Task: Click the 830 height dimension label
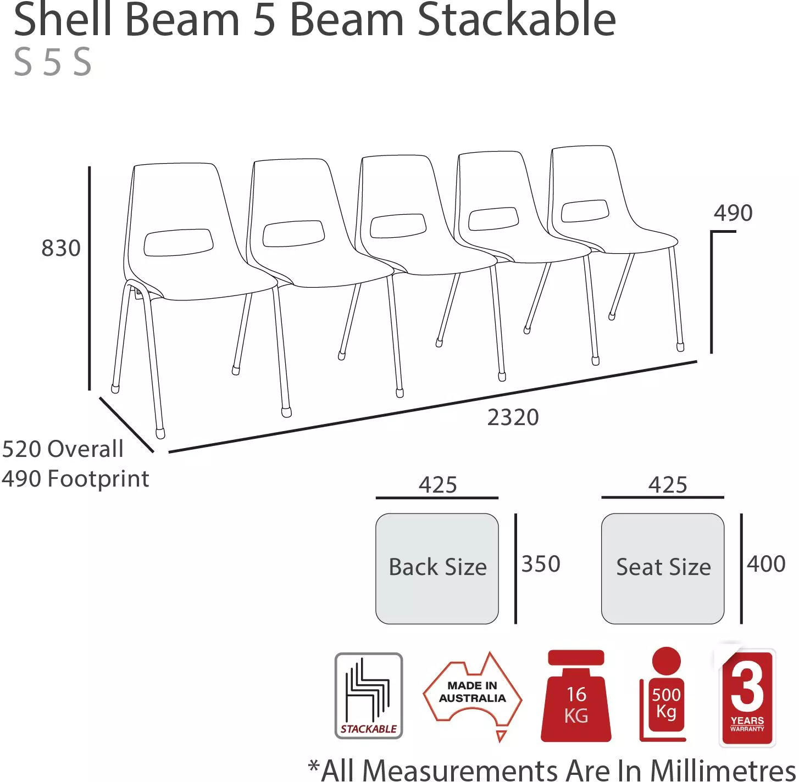point(61,248)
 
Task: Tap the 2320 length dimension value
point(513,417)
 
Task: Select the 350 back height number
point(541,563)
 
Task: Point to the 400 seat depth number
point(766,563)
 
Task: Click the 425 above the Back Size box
point(438,484)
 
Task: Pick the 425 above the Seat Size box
point(668,484)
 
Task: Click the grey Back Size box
point(437,568)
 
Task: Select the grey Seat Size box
point(663,568)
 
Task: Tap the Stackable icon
point(369,696)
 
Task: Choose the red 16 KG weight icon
point(576,696)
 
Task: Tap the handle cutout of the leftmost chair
point(179,242)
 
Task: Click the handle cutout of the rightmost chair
point(585,210)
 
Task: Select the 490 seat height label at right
point(733,213)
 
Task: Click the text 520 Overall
point(63,449)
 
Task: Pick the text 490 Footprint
point(75,479)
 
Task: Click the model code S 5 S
point(53,62)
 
